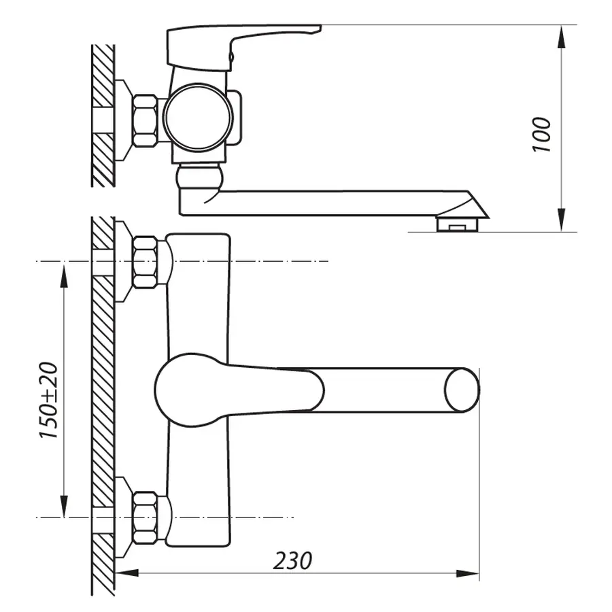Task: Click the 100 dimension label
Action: click(x=542, y=134)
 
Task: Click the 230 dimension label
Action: click(x=293, y=561)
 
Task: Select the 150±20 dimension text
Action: click(x=50, y=401)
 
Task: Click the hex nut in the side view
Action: click(x=146, y=120)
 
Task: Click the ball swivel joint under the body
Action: click(x=199, y=177)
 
